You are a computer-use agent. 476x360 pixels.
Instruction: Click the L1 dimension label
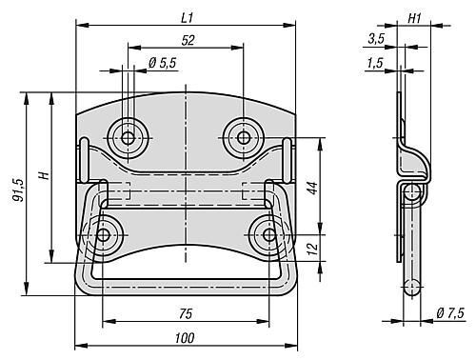tap(188, 18)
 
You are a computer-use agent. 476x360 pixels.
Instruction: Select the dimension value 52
tap(188, 40)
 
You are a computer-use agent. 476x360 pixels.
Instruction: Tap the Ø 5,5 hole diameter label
tap(162, 63)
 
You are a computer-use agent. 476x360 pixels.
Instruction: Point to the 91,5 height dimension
tap(19, 190)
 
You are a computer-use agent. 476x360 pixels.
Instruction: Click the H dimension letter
tap(45, 175)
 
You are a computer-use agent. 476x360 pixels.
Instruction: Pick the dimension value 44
tap(312, 188)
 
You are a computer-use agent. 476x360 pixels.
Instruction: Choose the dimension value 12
tap(312, 249)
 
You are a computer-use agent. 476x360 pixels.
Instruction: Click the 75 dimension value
tap(186, 313)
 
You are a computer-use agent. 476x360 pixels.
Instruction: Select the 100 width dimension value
tap(185, 338)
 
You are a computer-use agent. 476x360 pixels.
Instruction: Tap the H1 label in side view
tap(414, 19)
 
